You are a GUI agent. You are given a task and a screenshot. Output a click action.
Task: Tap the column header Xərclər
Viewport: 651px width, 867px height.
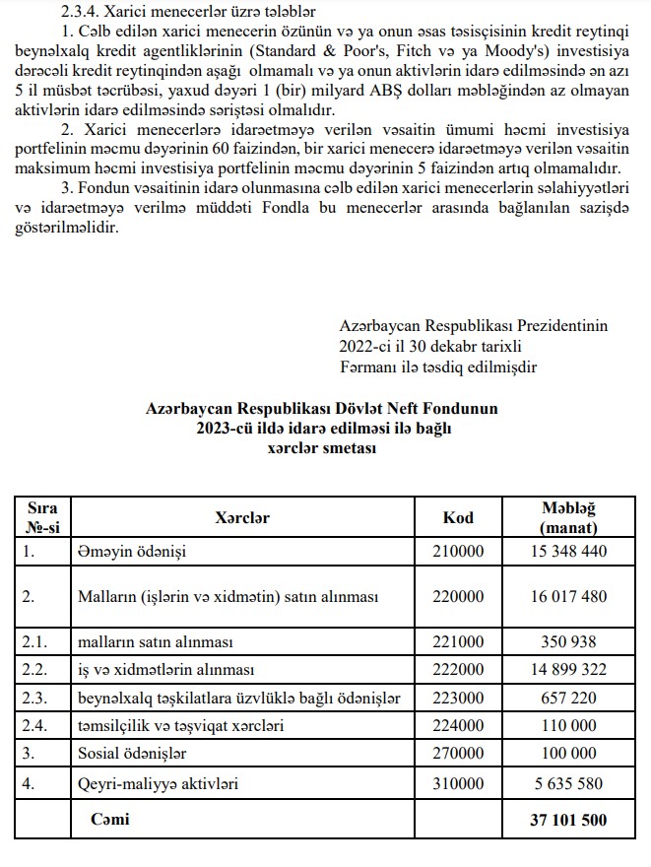coord(242,517)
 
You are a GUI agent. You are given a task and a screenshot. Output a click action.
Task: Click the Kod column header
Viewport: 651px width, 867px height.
coord(459,517)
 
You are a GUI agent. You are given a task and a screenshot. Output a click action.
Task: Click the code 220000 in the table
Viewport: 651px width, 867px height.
coord(459,596)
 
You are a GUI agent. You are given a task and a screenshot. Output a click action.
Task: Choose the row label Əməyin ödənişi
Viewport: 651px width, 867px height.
coord(132,551)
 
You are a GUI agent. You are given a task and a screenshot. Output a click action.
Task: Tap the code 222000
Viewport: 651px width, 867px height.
coord(459,670)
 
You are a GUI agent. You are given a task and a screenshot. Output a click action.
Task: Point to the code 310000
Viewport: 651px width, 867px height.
coord(459,785)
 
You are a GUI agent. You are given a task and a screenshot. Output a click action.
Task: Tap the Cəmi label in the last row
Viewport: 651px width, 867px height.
coord(110,819)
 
